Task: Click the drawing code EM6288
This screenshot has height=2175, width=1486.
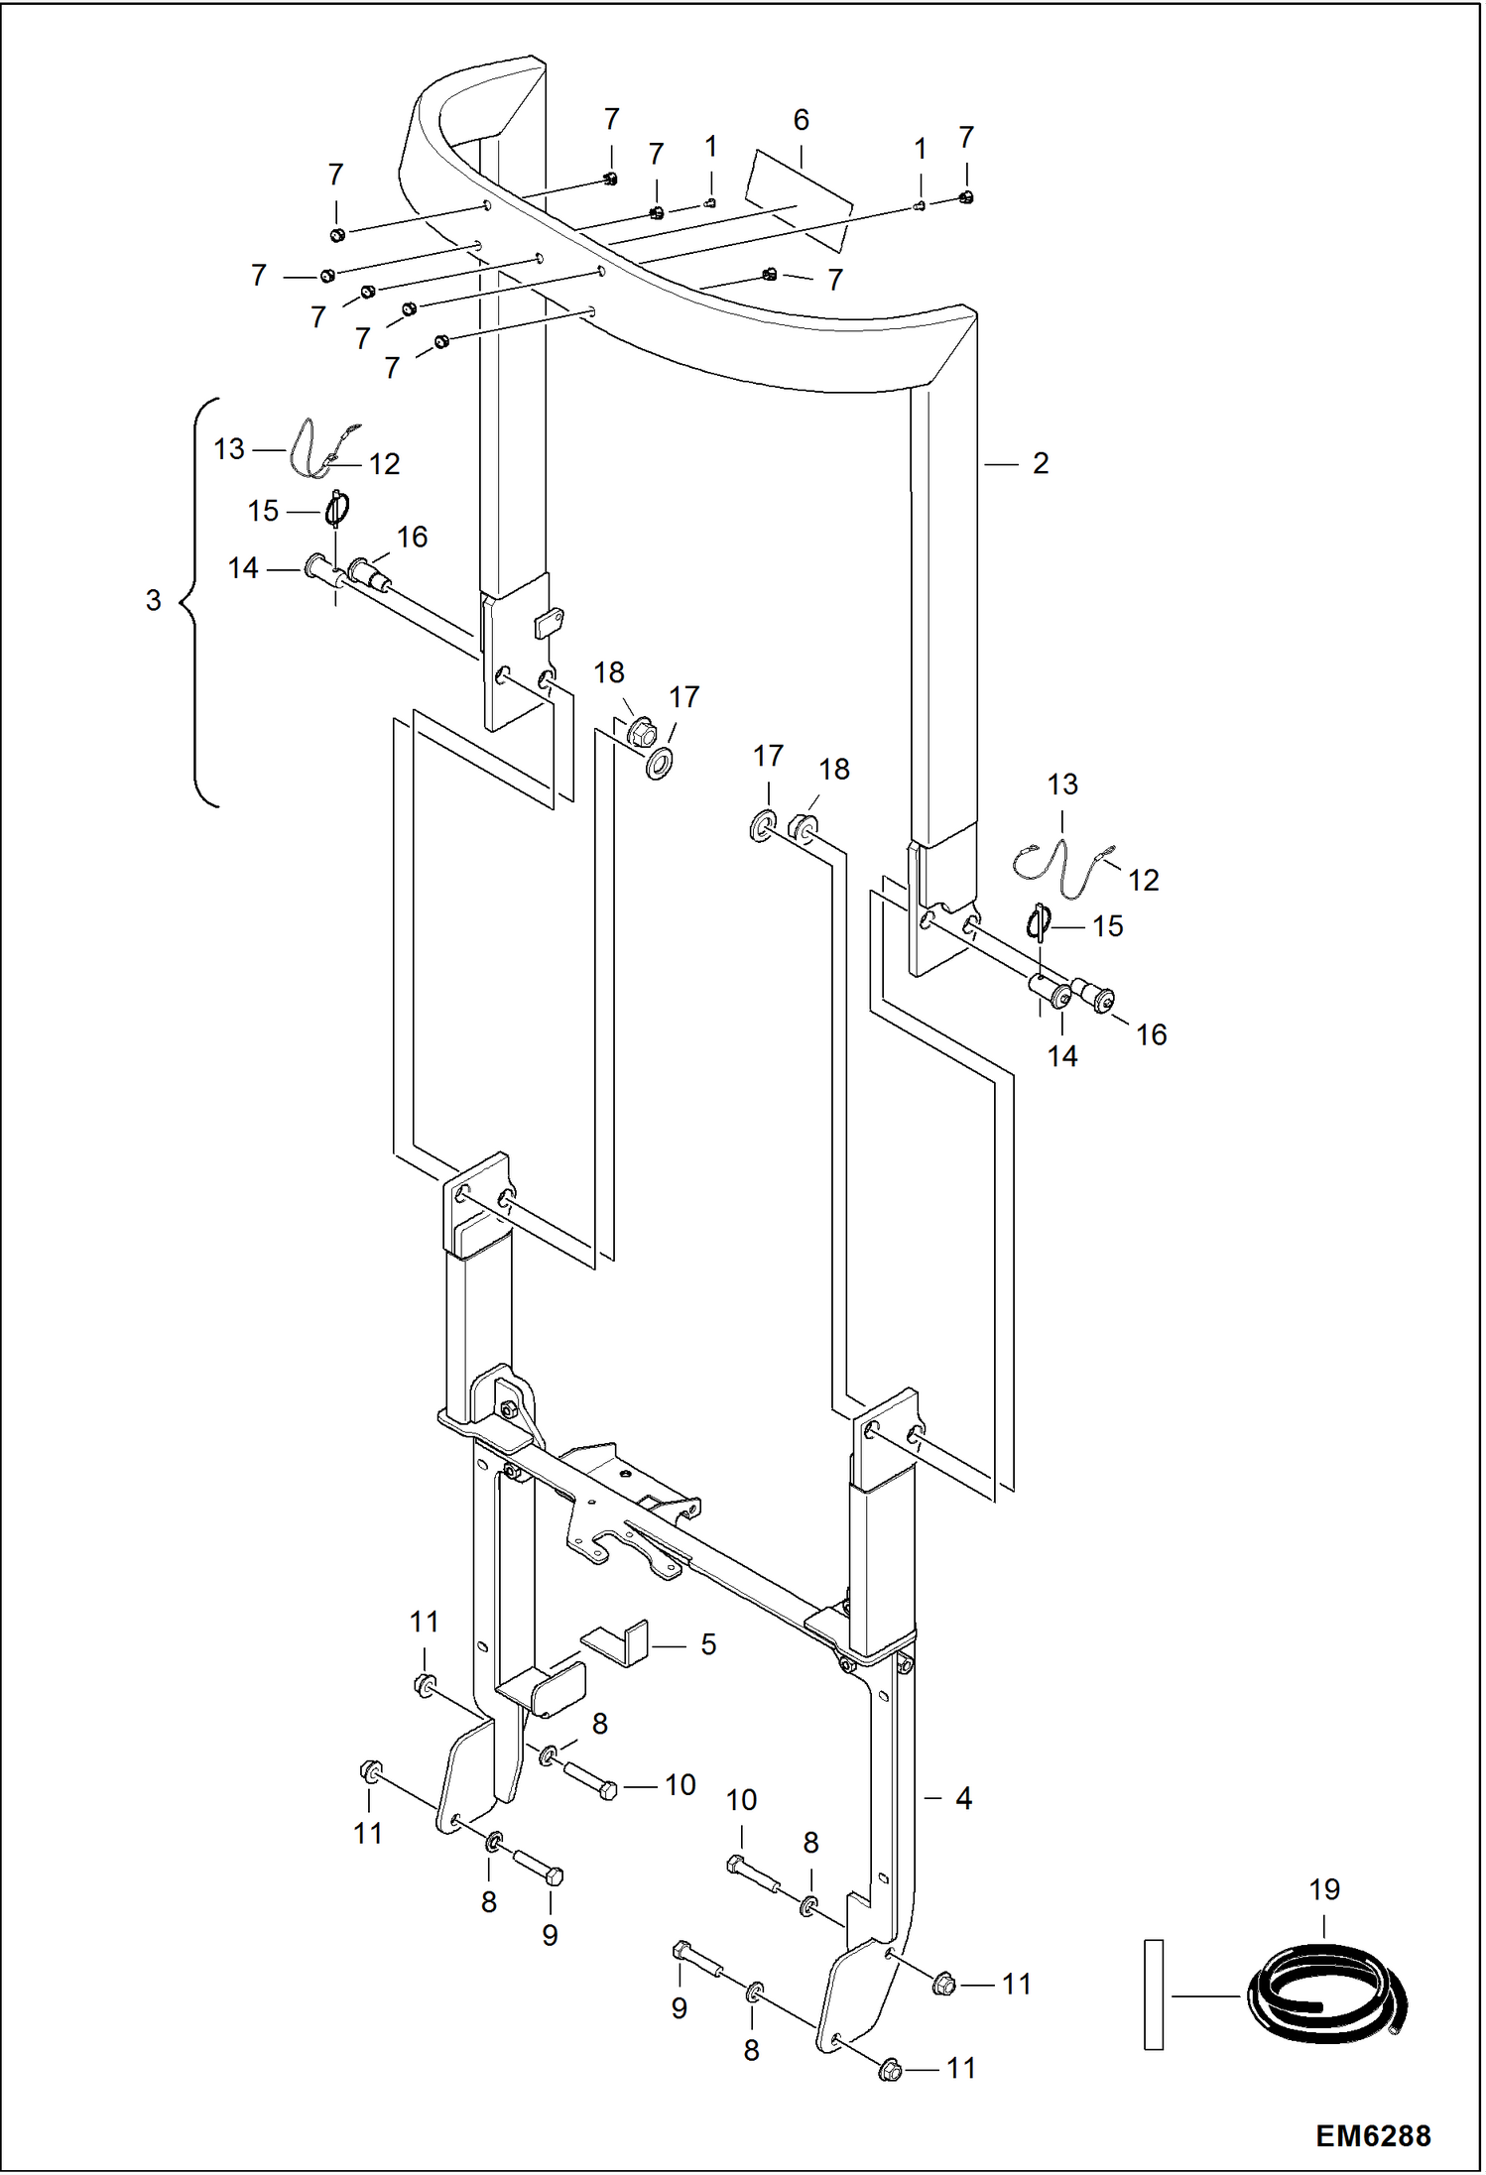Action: point(1372,2134)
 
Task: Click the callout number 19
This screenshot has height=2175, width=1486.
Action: point(1324,1889)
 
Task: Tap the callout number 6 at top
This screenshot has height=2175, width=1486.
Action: point(801,120)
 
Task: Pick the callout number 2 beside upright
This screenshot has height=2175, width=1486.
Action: point(1040,463)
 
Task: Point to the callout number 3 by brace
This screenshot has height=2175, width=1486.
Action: point(153,600)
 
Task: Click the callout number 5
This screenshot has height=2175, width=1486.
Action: point(707,1644)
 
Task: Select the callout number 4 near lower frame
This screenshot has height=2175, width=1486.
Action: point(963,1798)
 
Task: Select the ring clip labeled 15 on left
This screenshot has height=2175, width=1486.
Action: point(337,511)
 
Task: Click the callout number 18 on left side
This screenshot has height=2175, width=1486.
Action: point(608,672)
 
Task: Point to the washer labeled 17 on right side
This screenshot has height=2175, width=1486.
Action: point(762,825)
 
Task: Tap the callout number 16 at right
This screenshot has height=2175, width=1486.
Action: point(1151,1034)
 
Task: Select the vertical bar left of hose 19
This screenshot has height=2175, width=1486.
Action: point(1153,1994)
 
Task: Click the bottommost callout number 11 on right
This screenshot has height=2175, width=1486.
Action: point(961,2068)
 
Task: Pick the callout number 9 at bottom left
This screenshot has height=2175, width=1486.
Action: point(550,1935)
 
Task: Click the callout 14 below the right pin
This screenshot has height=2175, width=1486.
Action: point(1061,1056)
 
